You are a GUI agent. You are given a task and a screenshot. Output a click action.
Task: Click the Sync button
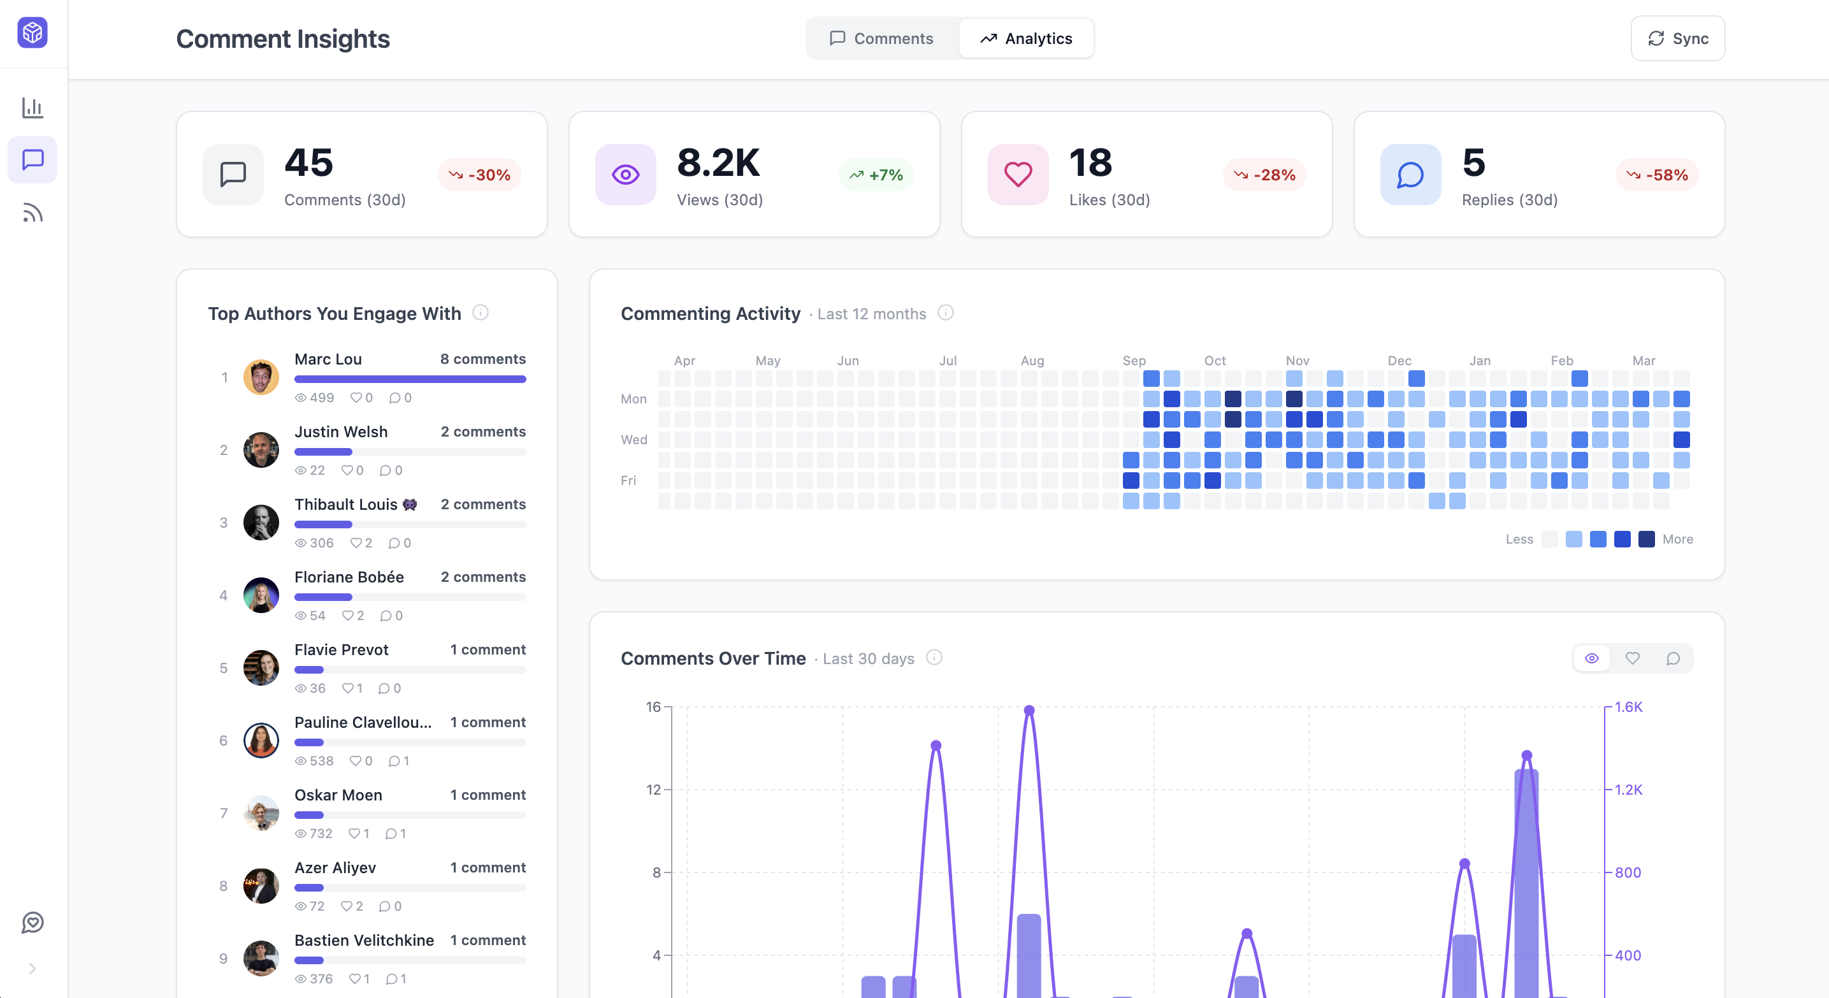point(1677,38)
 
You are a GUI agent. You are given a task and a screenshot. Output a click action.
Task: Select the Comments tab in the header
point(881,38)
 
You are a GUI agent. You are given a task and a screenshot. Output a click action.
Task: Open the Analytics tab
point(1026,38)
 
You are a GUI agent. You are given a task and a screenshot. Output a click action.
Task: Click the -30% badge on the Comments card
point(480,175)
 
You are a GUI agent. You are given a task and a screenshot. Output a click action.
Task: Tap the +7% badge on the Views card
point(876,175)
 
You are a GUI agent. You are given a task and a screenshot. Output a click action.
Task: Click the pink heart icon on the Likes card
point(1018,175)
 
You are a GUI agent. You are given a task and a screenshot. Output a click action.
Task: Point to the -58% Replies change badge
point(1656,175)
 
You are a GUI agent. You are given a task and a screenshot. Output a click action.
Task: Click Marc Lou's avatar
point(261,377)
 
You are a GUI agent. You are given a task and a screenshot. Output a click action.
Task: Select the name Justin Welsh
point(341,431)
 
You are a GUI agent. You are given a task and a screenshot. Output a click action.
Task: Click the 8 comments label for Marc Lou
point(483,359)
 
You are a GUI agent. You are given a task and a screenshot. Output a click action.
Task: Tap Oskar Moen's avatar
point(261,813)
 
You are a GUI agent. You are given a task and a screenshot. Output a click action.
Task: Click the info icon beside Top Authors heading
point(481,312)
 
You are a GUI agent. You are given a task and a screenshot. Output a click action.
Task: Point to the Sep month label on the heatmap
point(1134,361)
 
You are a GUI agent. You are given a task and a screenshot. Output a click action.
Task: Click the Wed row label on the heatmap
point(633,439)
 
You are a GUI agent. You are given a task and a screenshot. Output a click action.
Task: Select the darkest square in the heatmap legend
point(1647,539)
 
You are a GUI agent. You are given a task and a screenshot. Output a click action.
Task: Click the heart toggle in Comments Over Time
point(1632,658)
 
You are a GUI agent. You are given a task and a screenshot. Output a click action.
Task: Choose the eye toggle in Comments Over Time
point(1592,658)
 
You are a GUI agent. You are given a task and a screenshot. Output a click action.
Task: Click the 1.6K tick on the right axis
point(1628,707)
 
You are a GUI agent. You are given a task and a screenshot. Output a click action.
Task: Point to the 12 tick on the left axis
point(653,790)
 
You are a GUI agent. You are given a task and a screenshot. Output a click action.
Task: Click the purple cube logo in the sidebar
point(33,33)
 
